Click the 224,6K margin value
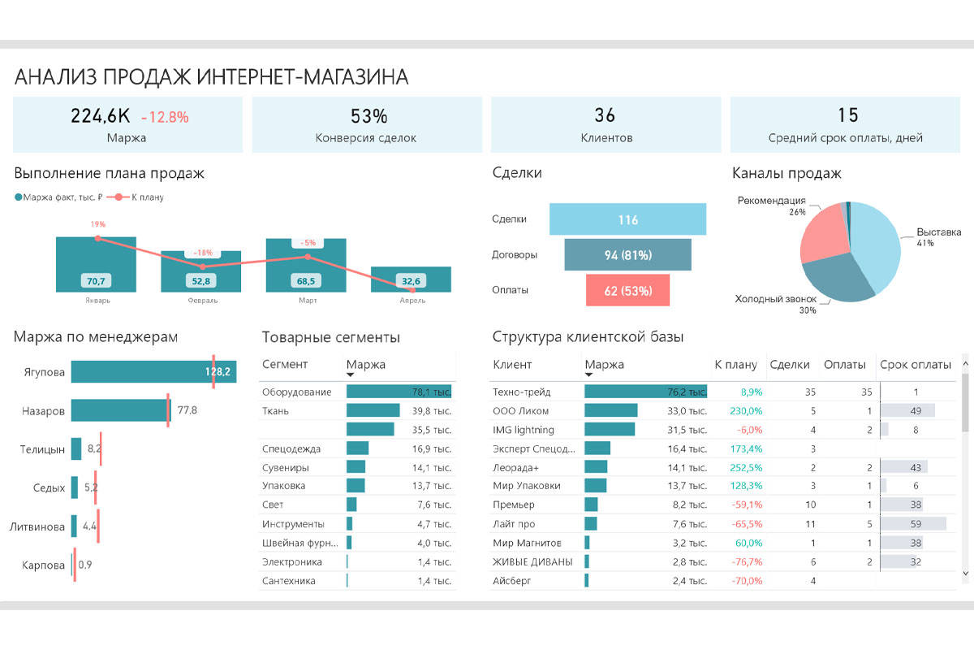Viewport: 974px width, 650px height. click(x=101, y=116)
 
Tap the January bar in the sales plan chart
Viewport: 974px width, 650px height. click(x=96, y=264)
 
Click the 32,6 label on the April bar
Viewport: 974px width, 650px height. click(x=412, y=281)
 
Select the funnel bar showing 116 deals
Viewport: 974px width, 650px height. click(x=627, y=219)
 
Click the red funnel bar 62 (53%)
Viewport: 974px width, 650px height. click(x=627, y=290)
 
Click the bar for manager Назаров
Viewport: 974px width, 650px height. click(x=119, y=410)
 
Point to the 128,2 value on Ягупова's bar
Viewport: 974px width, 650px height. click(x=218, y=372)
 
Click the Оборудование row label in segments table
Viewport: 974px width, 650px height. click(x=296, y=392)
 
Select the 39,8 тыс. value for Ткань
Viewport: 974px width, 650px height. click(x=431, y=411)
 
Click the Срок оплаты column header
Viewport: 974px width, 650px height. click(x=916, y=365)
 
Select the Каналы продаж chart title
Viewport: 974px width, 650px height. click(x=787, y=173)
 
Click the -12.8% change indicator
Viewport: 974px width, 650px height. click(x=165, y=117)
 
